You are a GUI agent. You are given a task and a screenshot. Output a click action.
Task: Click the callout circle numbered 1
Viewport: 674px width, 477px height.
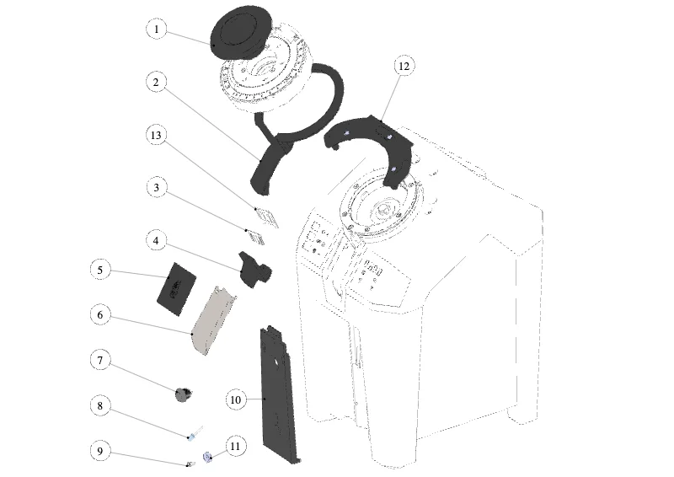click(156, 29)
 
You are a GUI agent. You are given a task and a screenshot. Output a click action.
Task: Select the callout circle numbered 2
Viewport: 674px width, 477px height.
click(156, 82)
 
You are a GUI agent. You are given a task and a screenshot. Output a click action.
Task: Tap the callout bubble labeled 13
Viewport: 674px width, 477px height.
click(156, 135)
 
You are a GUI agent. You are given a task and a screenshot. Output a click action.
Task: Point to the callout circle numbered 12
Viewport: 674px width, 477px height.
click(404, 67)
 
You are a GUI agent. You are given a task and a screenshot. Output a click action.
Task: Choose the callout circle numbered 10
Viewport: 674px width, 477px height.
click(236, 399)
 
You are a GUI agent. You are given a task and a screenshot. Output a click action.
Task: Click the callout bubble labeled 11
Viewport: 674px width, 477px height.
click(235, 446)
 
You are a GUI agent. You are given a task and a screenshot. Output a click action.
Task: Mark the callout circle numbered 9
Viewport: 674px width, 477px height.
click(100, 451)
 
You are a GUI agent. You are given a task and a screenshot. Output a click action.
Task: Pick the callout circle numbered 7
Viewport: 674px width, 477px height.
click(100, 360)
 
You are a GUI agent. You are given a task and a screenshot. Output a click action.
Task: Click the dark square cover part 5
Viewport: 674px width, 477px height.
click(177, 288)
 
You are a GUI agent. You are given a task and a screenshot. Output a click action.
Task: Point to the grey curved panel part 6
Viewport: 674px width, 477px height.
click(212, 320)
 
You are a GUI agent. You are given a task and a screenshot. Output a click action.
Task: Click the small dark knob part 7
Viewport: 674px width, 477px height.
click(184, 394)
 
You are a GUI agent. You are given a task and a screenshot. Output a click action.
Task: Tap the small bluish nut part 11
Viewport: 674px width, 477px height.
click(207, 457)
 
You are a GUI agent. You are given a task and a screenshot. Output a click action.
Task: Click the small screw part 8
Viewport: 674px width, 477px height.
click(195, 433)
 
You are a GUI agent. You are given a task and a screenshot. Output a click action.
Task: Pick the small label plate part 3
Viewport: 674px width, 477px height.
click(255, 237)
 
